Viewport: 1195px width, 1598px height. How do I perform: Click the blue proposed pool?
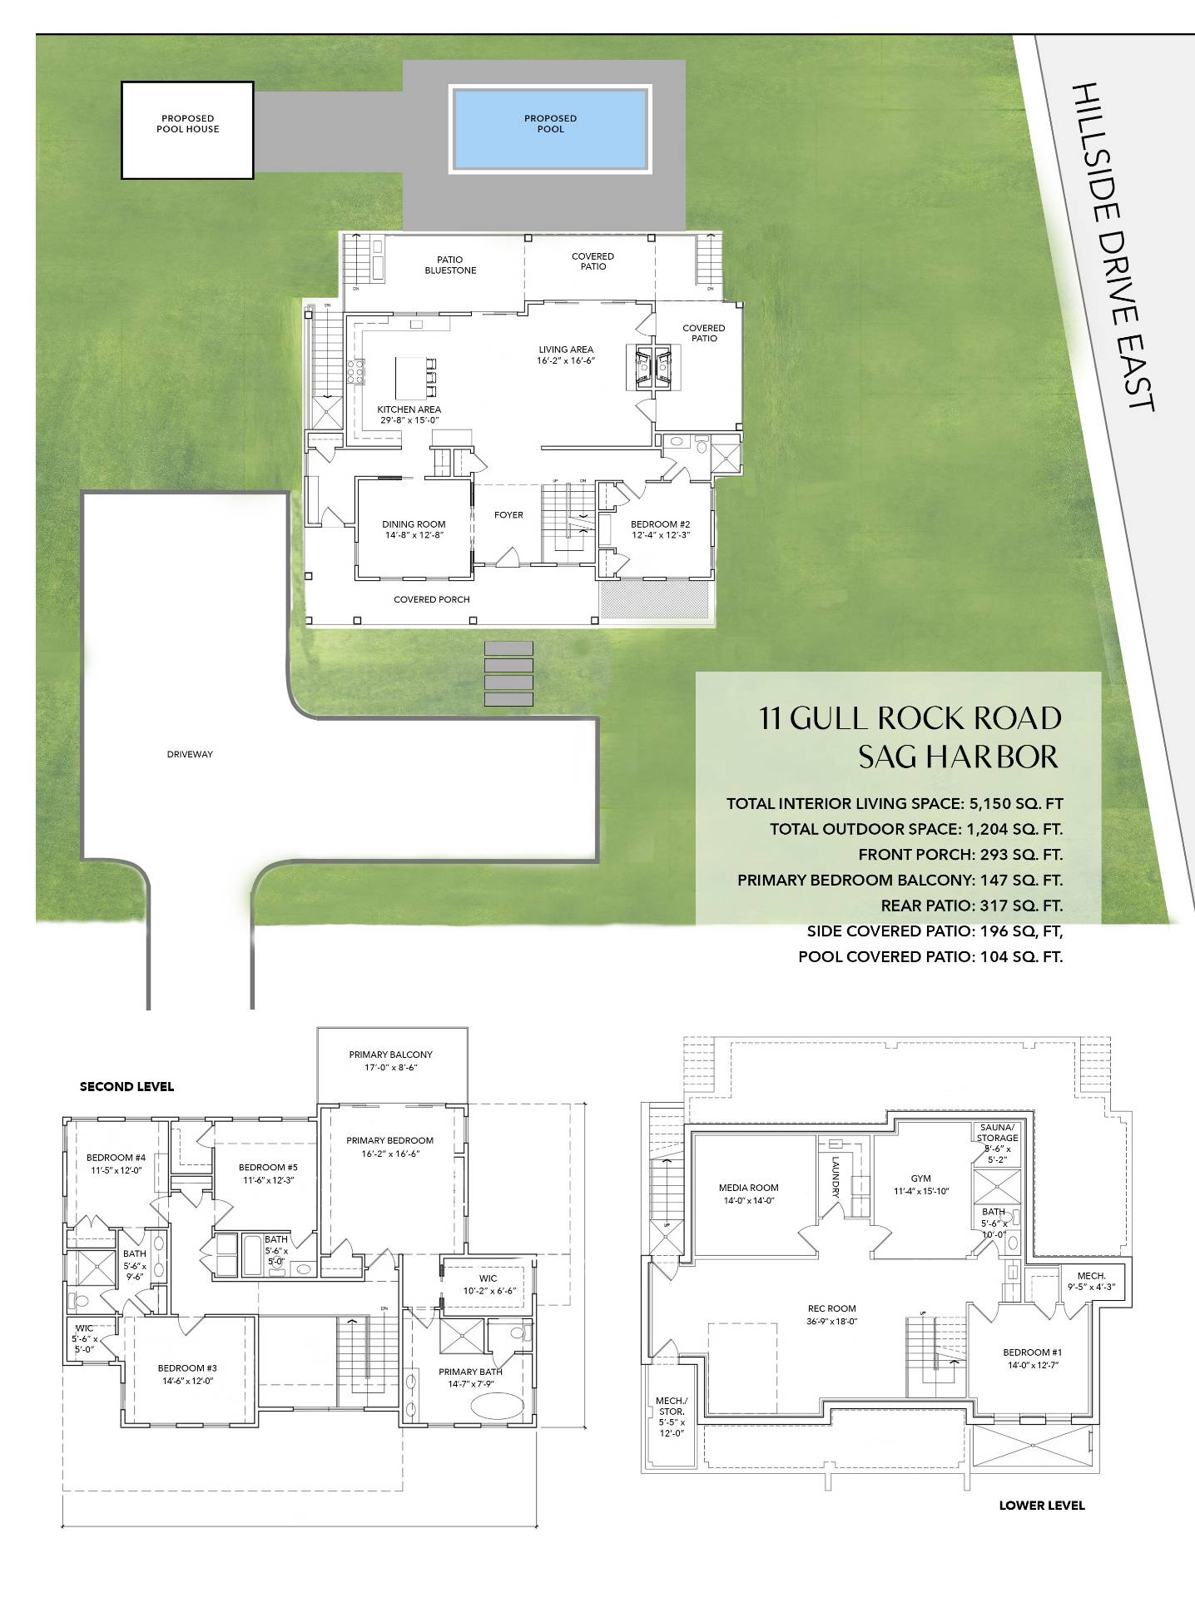549,128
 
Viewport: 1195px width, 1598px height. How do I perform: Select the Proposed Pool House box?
187,130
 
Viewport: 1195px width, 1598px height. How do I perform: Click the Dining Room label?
414,529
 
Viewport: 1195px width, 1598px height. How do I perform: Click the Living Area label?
566,355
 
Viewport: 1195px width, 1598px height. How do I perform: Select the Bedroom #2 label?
660,529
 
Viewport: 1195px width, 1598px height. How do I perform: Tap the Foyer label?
508,515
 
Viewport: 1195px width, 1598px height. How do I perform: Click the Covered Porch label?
432,599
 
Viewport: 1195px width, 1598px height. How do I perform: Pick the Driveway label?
190,754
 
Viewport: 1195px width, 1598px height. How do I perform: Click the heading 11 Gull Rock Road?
910,717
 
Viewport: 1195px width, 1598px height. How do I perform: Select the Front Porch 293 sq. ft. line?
960,855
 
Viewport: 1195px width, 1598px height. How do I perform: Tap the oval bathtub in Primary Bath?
498,1406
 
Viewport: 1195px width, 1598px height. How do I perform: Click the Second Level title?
126,1087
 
